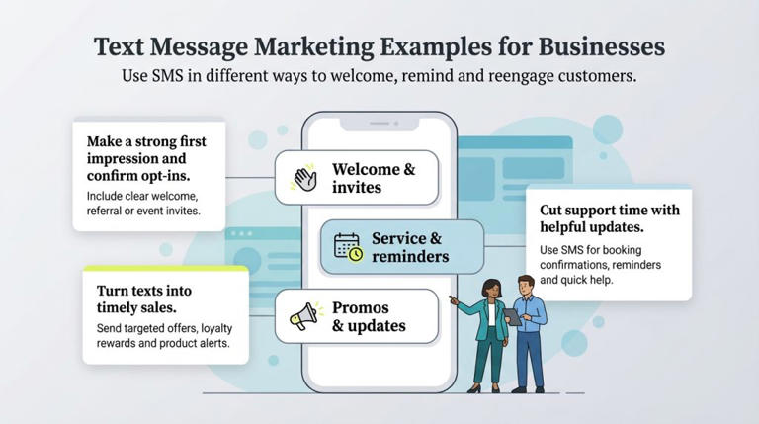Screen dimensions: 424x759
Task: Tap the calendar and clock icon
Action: [x=348, y=247]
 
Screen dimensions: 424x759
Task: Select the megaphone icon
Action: [x=301, y=316]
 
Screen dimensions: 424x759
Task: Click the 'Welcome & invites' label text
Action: [x=373, y=178]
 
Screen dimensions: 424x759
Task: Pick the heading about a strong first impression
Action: [x=147, y=159]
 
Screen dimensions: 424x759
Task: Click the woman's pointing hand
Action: [x=453, y=297]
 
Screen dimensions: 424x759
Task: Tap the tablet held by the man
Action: [x=513, y=317]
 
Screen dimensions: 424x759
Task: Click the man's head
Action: [x=526, y=286]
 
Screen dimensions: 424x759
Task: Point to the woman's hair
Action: [x=491, y=288]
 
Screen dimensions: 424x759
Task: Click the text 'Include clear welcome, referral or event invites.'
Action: [x=143, y=203]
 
